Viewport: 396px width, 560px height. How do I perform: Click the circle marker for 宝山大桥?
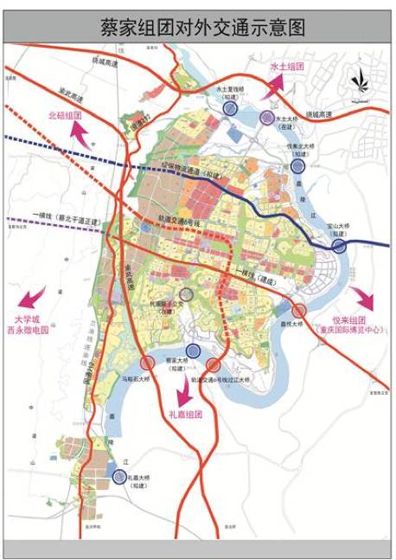point(339,246)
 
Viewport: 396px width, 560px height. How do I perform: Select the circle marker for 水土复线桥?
point(230,108)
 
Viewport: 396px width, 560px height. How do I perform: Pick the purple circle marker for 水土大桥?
point(266,118)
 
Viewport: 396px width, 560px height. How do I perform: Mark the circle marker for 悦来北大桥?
point(297,166)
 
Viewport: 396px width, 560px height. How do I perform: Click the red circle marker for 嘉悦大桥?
point(299,310)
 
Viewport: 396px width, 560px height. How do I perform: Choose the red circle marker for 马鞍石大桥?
point(148,362)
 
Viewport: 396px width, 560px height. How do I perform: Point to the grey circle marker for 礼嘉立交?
point(186,295)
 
